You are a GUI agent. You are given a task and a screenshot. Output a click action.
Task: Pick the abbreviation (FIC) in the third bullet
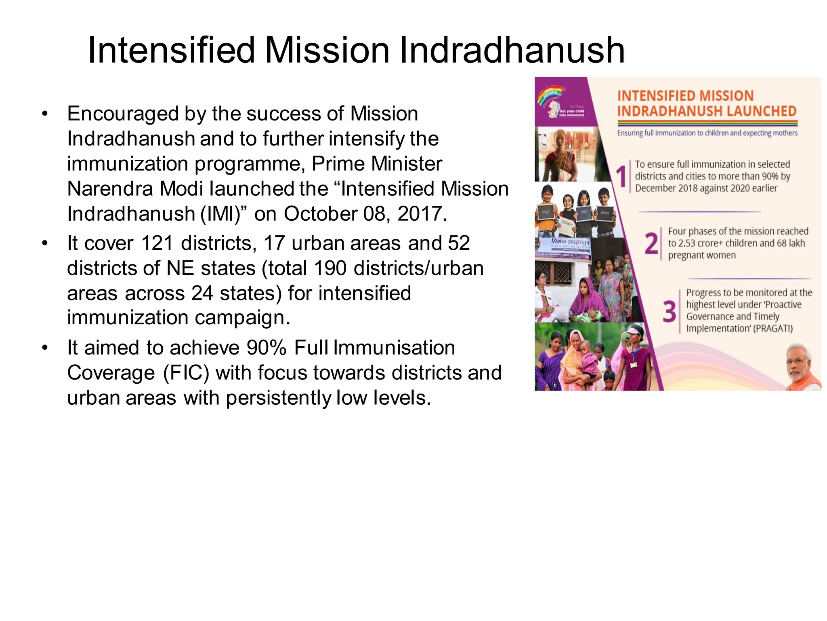pyautogui.click(x=186, y=373)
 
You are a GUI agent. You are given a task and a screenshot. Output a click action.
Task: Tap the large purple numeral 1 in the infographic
pyautogui.click(x=621, y=177)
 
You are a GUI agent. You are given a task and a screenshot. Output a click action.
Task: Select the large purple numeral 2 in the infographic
pyautogui.click(x=651, y=244)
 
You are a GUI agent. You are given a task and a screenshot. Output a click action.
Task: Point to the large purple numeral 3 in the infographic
pyautogui.click(x=669, y=311)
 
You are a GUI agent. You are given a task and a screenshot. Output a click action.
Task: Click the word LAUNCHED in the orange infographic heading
pyautogui.click(x=760, y=111)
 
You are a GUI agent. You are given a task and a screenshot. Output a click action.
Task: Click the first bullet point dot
pyautogui.click(x=45, y=114)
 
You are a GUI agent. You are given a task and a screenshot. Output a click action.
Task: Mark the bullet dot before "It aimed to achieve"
pyautogui.click(x=45, y=348)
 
